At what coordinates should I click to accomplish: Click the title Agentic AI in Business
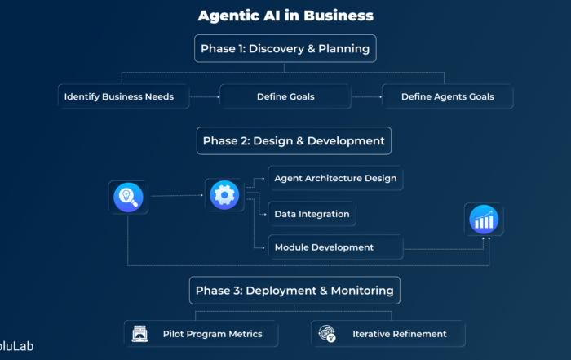(285, 16)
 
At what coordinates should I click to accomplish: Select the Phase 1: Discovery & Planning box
(285, 49)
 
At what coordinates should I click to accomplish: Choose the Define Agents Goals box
(447, 96)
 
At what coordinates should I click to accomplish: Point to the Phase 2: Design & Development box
(294, 140)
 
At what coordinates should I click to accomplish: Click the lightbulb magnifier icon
(128, 196)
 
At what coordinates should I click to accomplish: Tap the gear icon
(224, 195)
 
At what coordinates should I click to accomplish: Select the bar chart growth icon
(485, 219)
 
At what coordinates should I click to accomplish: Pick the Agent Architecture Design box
(335, 178)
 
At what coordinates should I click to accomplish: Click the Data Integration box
(312, 214)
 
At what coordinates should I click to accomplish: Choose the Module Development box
(335, 247)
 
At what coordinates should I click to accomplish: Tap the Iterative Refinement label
(399, 334)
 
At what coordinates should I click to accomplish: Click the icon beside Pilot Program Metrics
(140, 333)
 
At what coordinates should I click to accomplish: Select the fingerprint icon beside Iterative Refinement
(327, 333)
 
